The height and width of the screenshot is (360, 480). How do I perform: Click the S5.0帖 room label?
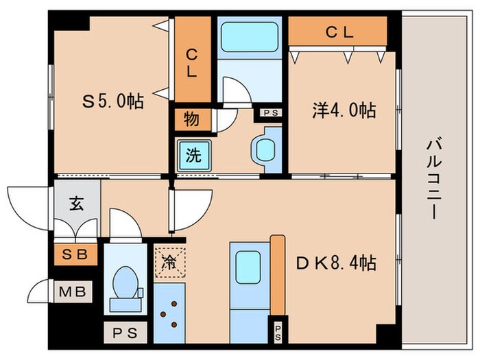coord(113,101)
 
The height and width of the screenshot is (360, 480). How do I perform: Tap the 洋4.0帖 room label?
coord(344,110)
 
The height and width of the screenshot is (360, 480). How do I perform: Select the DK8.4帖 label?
coord(336,263)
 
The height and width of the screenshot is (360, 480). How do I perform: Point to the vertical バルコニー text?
coord(434,180)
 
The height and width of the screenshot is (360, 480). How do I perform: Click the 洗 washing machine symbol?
coord(194,155)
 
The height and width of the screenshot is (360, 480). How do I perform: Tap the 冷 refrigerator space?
coord(169,262)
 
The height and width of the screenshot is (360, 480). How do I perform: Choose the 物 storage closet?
coord(192,119)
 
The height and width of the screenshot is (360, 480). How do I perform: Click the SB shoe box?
coord(75,254)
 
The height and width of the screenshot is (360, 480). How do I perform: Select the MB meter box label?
coord(72,291)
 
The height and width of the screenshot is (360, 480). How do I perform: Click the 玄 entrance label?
coord(77,204)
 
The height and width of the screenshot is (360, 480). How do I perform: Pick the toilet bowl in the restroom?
coord(125,283)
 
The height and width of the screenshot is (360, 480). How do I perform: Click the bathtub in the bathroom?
coord(250,37)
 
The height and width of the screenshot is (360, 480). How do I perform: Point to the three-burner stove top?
coord(169,313)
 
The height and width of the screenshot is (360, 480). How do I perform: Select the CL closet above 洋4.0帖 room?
coord(337,31)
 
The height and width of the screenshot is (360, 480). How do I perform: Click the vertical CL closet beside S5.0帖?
coord(193,60)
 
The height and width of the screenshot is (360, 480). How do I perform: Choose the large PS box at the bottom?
coord(125,333)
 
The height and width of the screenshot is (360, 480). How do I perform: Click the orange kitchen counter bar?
coord(278,275)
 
